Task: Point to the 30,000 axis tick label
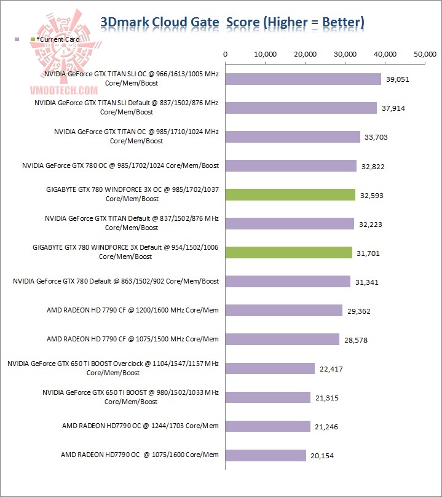click(x=345, y=54)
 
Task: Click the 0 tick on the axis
click(x=226, y=54)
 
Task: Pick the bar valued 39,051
click(x=304, y=79)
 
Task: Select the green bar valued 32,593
click(x=291, y=195)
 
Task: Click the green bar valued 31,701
click(x=289, y=252)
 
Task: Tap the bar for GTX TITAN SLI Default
click(x=301, y=108)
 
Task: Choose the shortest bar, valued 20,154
click(x=266, y=455)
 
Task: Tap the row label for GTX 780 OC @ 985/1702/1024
click(x=120, y=165)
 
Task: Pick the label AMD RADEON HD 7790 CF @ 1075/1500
click(x=132, y=339)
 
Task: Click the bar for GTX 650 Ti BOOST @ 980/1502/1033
click(x=268, y=397)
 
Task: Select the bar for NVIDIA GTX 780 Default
click(x=288, y=281)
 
